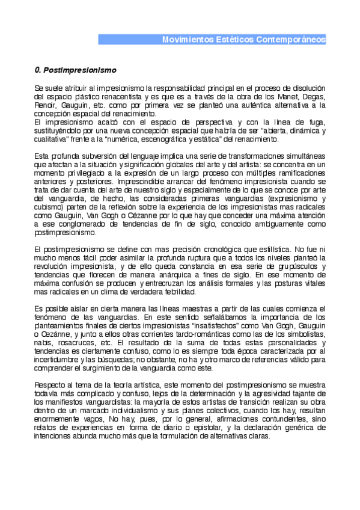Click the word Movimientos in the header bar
pos(184,39)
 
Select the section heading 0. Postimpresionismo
pos(75,70)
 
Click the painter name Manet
pos(278,96)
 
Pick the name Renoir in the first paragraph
pos(46,105)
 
